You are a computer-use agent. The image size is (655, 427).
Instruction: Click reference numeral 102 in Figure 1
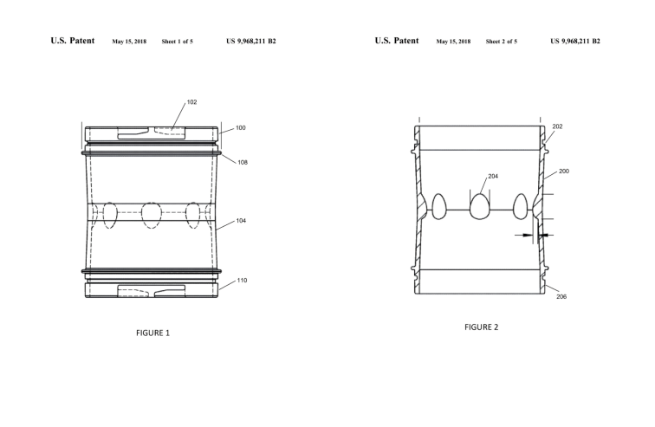click(191, 102)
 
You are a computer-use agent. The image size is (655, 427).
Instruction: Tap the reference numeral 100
click(241, 128)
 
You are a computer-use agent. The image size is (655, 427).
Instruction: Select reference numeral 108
click(243, 162)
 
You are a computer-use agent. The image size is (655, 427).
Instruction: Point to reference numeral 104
click(241, 221)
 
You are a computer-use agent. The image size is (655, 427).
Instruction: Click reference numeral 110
click(243, 281)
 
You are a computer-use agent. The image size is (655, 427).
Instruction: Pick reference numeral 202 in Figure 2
click(558, 126)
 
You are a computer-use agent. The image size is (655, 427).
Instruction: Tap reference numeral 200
click(564, 171)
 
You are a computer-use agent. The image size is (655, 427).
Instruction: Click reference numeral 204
click(493, 177)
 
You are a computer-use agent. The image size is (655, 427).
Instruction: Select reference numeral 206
click(561, 297)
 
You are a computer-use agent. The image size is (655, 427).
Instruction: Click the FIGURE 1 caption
click(152, 333)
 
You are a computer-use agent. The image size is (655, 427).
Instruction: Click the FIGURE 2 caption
click(481, 327)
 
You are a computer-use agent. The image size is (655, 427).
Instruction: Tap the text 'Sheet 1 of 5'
click(177, 42)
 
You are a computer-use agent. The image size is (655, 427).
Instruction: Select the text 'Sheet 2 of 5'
click(502, 42)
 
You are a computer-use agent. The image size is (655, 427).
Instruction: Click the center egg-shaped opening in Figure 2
click(480, 207)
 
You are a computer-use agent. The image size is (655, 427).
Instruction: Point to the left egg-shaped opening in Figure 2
click(438, 206)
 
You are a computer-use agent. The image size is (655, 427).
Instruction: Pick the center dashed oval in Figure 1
click(152, 216)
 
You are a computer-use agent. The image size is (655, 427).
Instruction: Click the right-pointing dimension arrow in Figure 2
click(524, 236)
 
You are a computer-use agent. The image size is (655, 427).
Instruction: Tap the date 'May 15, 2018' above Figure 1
click(129, 42)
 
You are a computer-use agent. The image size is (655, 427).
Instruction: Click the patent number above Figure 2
click(575, 41)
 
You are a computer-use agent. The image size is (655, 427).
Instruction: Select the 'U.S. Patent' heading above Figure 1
click(73, 41)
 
